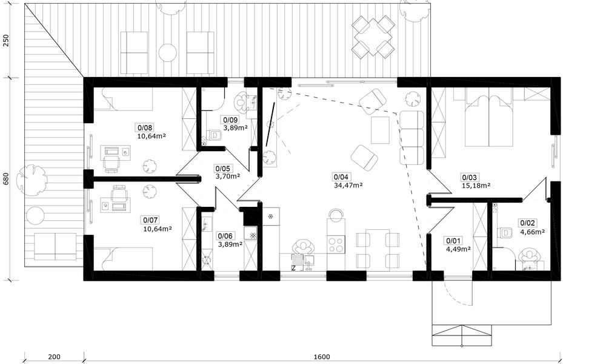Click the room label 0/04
click(x=341, y=177)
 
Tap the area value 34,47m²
click(x=348, y=185)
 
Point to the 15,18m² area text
click(x=476, y=186)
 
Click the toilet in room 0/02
click(x=505, y=232)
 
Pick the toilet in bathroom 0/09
click(x=215, y=135)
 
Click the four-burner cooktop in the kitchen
click(x=336, y=244)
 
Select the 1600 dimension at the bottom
click(x=322, y=357)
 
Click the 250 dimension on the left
click(x=6, y=41)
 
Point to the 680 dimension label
click(x=6, y=179)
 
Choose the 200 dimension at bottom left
click(x=55, y=357)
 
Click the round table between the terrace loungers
click(x=168, y=53)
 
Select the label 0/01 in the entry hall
click(x=454, y=241)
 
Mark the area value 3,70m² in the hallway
click(x=228, y=177)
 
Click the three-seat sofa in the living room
click(x=412, y=138)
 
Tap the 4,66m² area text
click(x=533, y=231)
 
